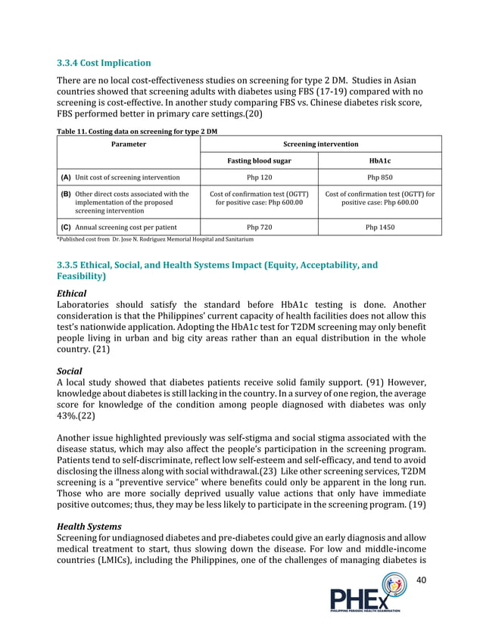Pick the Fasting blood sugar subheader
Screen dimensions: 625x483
(259, 160)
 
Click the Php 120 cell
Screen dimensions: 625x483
(259, 178)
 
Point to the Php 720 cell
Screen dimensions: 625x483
(259, 226)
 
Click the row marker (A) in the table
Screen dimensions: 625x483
(66, 178)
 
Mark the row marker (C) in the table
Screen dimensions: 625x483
(66, 226)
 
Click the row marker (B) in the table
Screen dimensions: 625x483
(66, 194)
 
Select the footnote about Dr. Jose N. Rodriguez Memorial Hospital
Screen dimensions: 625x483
(155, 239)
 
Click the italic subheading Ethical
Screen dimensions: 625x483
(72, 293)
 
